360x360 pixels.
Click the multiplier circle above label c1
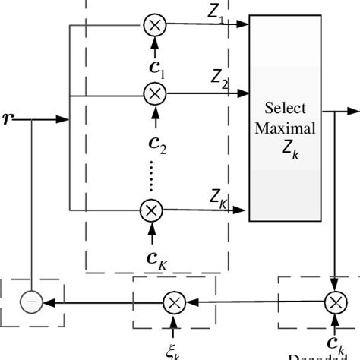point(155,25)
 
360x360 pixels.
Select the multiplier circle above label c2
point(155,94)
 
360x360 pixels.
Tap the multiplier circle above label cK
point(152,209)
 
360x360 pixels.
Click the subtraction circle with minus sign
point(31,302)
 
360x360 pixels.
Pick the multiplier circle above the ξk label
point(174,302)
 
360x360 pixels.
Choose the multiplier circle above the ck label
point(335,302)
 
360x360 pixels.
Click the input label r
point(9,118)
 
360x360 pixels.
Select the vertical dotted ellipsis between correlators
point(152,177)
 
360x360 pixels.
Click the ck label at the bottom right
point(337,343)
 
